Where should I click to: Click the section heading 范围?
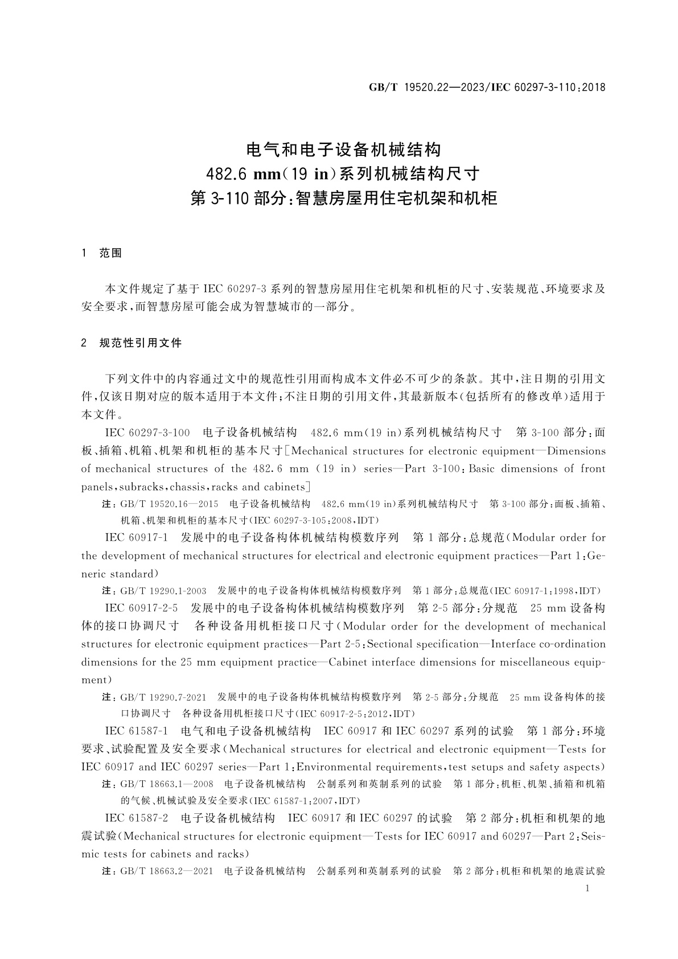click(110, 253)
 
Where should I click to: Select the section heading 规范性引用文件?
click(141, 343)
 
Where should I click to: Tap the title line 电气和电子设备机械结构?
click(343, 150)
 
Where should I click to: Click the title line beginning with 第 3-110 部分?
click(343, 198)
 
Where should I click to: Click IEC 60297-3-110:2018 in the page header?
click(548, 88)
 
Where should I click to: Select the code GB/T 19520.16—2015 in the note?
click(169, 504)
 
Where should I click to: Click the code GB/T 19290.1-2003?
click(163, 591)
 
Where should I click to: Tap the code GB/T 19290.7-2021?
click(163, 697)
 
